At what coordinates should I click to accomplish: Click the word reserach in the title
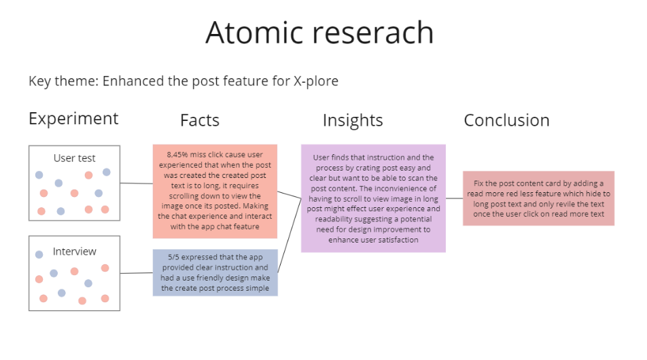click(x=373, y=33)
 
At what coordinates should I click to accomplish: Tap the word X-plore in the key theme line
click(x=315, y=82)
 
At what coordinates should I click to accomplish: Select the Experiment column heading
click(x=73, y=120)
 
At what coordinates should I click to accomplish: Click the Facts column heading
click(x=200, y=120)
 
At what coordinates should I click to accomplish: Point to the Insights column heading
click(x=353, y=120)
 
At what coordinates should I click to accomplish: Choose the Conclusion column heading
click(x=507, y=120)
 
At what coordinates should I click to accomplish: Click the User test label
click(x=74, y=158)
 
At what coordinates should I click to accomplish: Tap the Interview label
click(x=74, y=251)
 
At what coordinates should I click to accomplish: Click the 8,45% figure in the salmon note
click(x=177, y=155)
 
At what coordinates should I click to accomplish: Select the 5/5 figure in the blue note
click(x=173, y=257)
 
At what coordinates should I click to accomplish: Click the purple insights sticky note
click(x=373, y=198)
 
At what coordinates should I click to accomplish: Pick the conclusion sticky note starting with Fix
click(x=538, y=198)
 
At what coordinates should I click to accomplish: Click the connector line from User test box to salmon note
click(x=137, y=183)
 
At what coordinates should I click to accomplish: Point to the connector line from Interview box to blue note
click(x=137, y=272)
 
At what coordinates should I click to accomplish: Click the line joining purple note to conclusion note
click(x=454, y=198)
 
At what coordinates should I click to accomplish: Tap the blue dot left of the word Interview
click(x=39, y=255)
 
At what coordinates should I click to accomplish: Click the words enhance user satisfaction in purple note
click(x=373, y=240)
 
